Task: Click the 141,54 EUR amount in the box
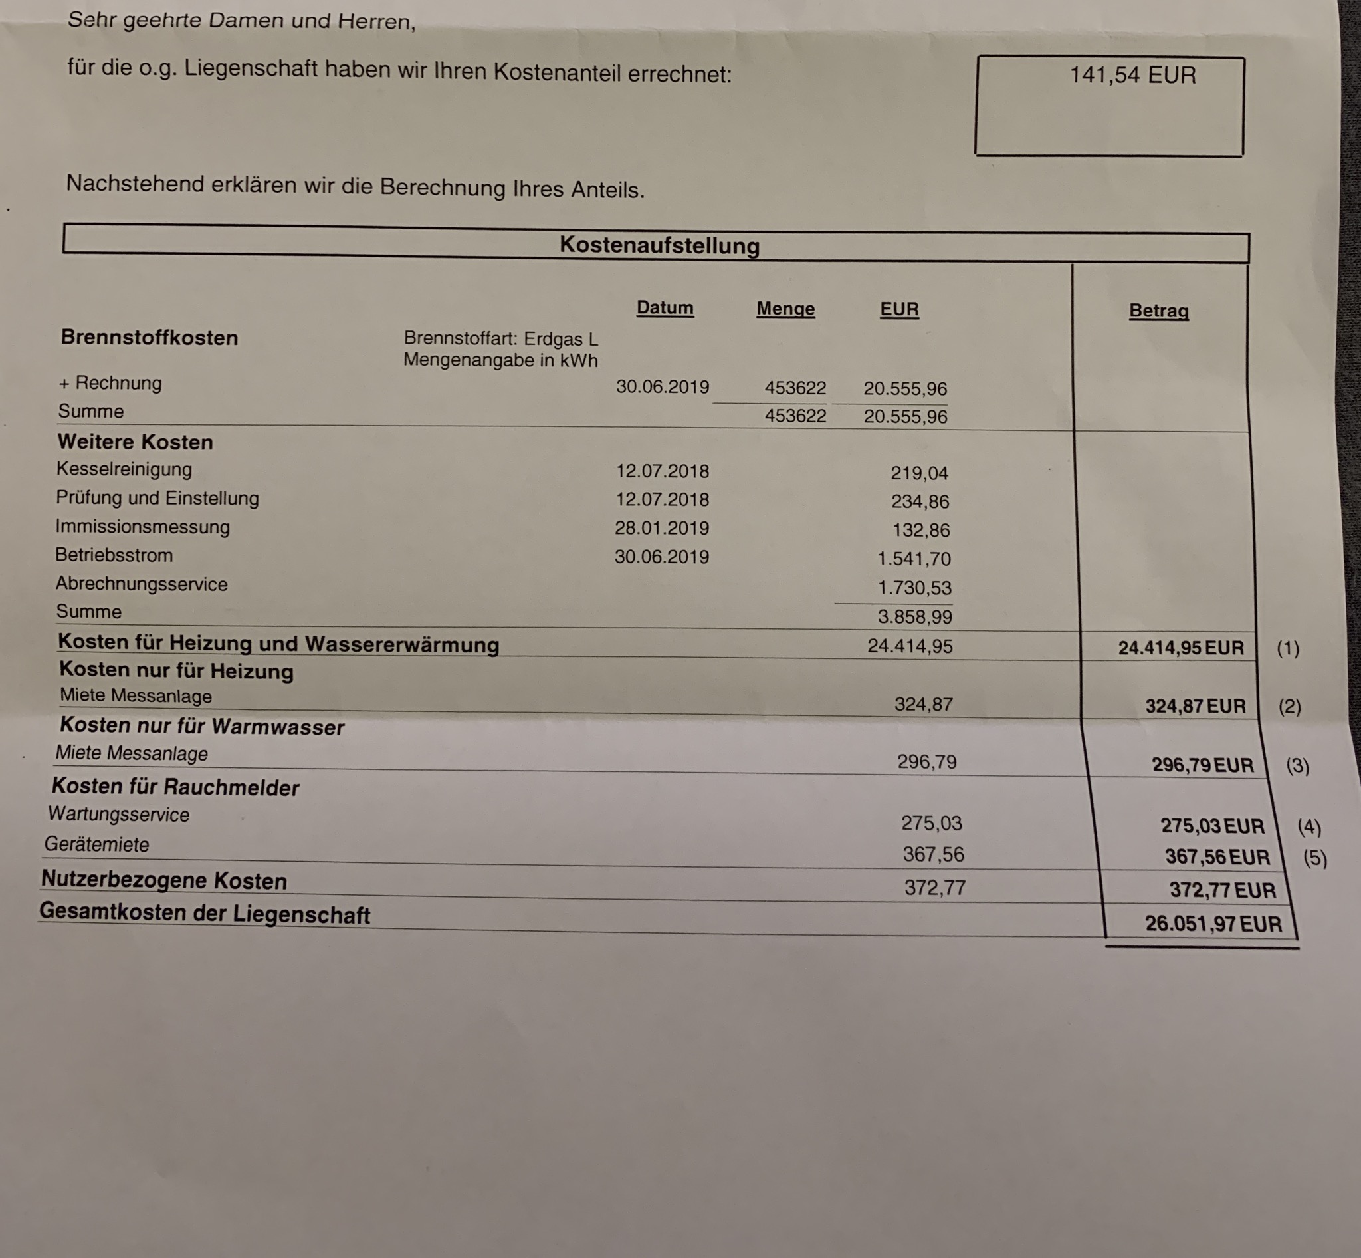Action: tap(1132, 75)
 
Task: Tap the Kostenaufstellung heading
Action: tap(659, 245)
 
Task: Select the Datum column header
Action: tap(665, 308)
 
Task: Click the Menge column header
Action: tap(785, 309)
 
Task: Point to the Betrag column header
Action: tap(1158, 311)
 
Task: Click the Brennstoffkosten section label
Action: tap(149, 338)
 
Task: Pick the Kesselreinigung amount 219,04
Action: tap(918, 473)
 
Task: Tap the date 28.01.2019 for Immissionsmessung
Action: tap(661, 528)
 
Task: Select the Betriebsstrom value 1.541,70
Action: tap(913, 559)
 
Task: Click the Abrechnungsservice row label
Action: tap(142, 584)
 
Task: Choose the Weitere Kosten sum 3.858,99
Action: tap(914, 618)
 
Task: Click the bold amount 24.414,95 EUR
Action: tap(1181, 648)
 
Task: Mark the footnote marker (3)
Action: tap(1297, 766)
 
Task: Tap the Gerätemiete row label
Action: tap(96, 845)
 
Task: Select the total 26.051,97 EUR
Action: tap(1213, 924)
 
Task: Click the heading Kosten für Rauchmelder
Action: tap(175, 787)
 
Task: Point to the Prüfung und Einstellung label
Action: tap(157, 498)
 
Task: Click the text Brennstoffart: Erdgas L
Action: tap(500, 338)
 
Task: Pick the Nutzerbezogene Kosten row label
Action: tap(164, 880)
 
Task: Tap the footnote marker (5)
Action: tap(1314, 858)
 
